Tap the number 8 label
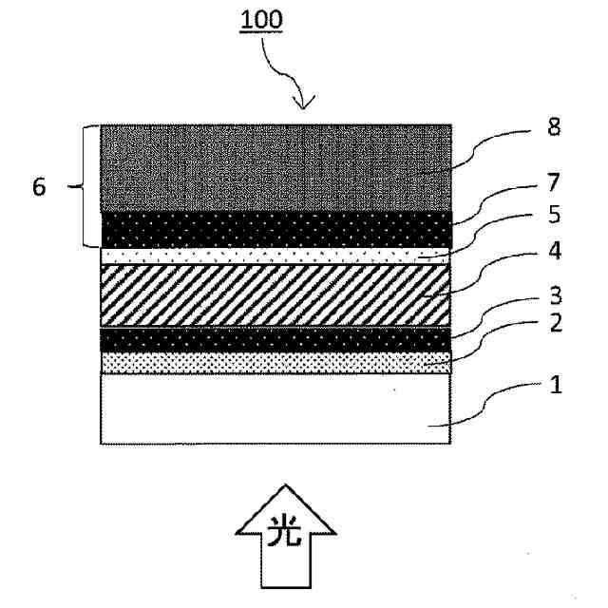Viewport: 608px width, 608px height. click(555, 129)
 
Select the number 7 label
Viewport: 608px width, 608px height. click(555, 182)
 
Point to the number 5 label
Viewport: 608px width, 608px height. click(555, 216)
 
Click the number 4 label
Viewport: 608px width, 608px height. click(555, 254)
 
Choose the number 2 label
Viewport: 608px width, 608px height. click(555, 323)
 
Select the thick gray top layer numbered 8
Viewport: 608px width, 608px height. click(275, 167)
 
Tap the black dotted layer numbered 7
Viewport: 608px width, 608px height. click(275, 229)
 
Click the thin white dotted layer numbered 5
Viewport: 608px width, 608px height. click(275, 256)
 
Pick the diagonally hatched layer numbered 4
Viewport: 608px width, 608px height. click(275, 294)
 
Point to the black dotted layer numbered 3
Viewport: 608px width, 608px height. click(275, 339)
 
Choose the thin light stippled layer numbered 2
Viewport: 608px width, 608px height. click(275, 362)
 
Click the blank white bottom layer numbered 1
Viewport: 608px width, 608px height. click(275, 408)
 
